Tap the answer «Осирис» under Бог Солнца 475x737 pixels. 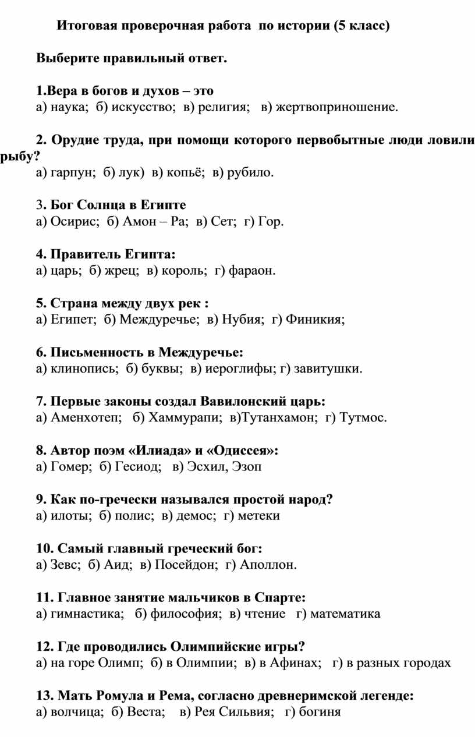tap(74, 221)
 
